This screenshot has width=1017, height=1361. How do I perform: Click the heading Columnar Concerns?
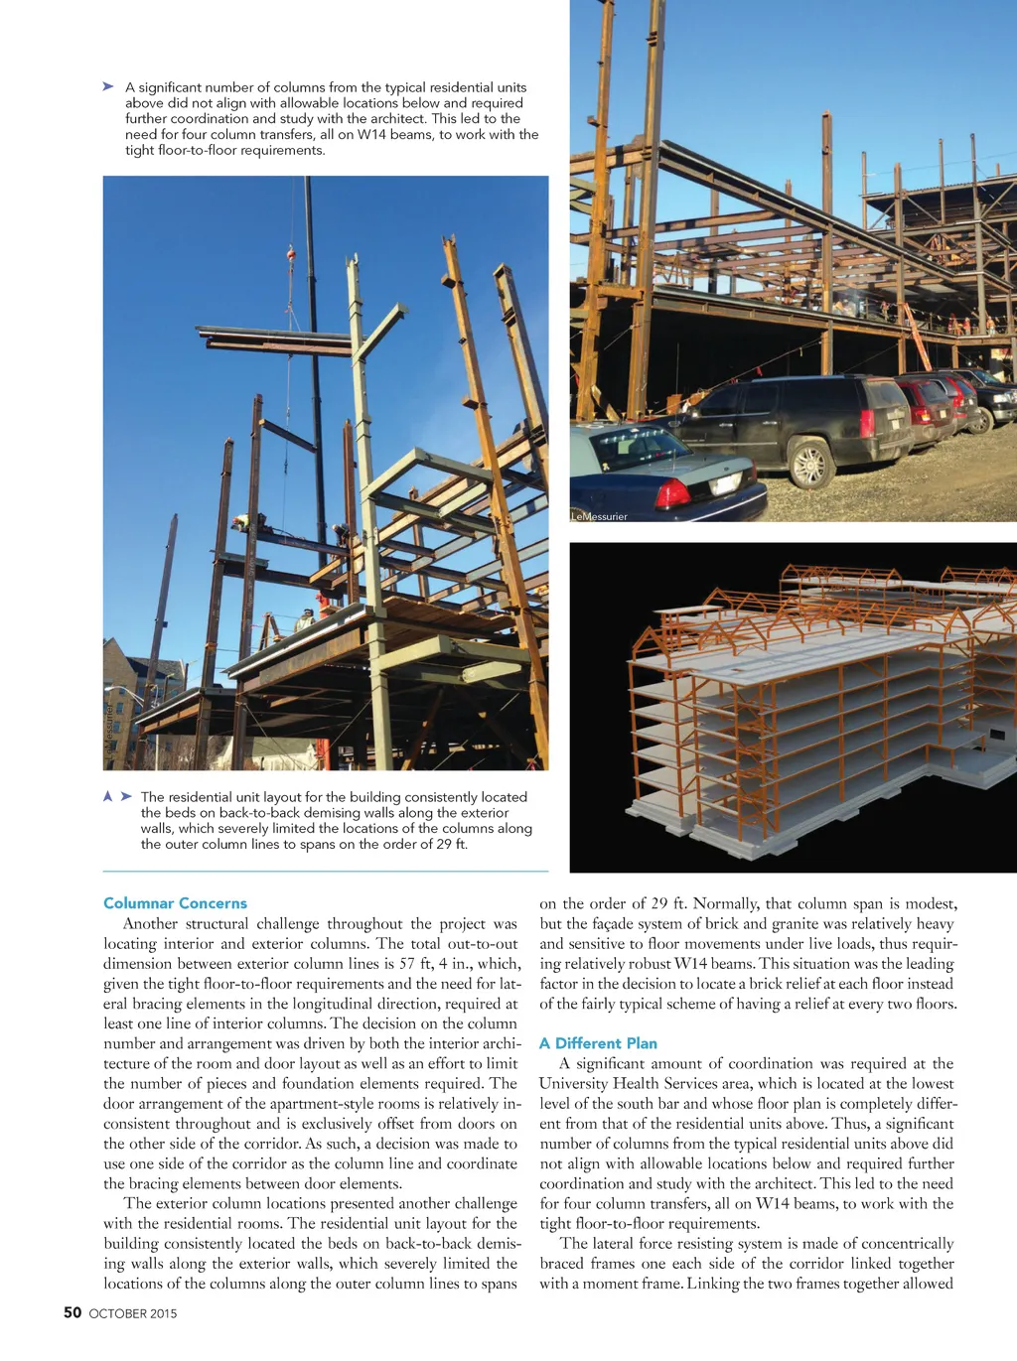coord(175,903)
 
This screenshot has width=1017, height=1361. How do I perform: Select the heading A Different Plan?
coord(598,1043)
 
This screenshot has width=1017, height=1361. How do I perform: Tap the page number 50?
coord(73,1312)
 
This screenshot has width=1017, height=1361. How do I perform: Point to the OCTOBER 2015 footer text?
coord(133,1313)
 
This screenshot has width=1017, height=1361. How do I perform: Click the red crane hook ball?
coord(291,255)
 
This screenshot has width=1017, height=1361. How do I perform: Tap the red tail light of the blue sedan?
coord(672,491)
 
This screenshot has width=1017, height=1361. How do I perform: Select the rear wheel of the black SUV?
coord(809,464)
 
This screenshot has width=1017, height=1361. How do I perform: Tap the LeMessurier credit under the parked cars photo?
coord(599,516)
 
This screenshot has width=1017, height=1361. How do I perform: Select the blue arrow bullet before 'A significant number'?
coord(108,87)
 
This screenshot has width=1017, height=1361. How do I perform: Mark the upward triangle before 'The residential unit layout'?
coord(108,796)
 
